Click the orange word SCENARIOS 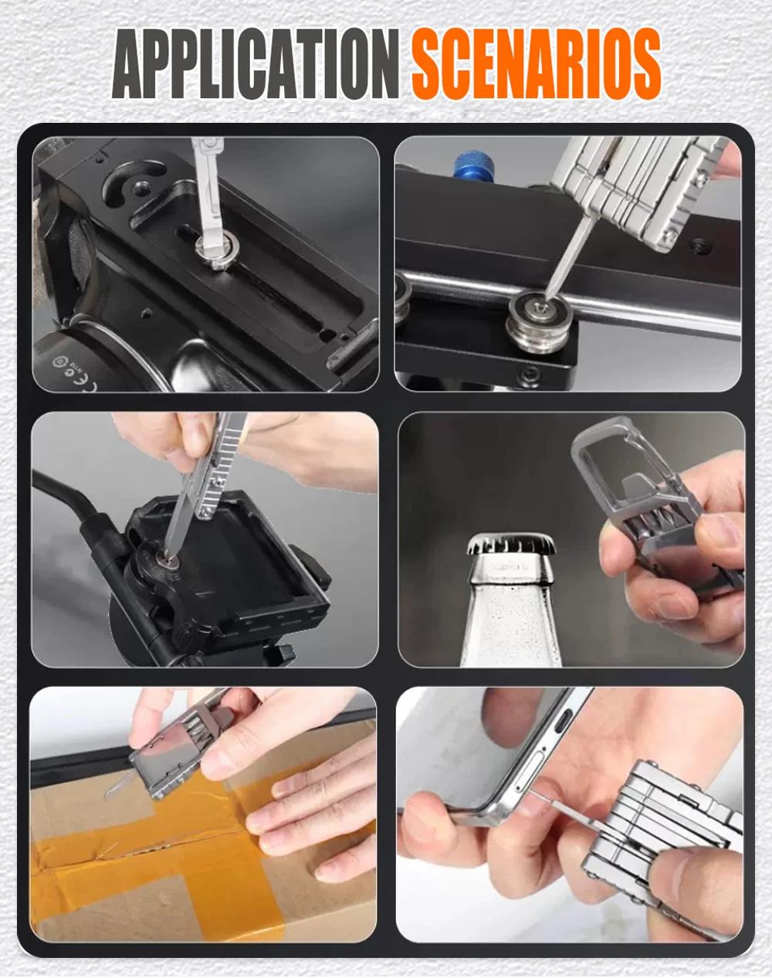tap(536, 66)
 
